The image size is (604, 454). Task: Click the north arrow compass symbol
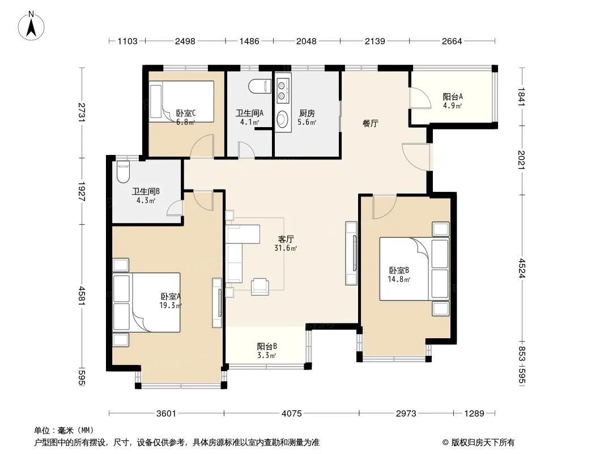(31, 26)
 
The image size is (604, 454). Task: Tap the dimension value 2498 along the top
(185, 41)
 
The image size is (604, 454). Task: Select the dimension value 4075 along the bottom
(292, 414)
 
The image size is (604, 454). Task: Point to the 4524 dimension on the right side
(521, 268)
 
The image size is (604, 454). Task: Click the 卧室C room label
(186, 113)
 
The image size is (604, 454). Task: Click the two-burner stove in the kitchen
(283, 90)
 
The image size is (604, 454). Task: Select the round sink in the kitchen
(282, 119)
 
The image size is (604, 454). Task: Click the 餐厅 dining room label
(370, 124)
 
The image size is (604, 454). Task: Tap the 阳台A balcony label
(453, 97)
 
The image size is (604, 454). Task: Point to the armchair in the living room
(260, 287)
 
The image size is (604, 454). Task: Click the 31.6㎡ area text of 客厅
(286, 248)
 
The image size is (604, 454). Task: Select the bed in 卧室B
(414, 269)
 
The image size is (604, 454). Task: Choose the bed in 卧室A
(146, 302)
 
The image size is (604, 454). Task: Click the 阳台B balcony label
(267, 346)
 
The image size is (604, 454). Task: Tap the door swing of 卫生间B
(175, 208)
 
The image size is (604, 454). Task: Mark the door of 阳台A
(420, 98)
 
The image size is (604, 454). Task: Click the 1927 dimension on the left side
(81, 191)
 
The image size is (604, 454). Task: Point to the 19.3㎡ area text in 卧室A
(171, 305)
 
